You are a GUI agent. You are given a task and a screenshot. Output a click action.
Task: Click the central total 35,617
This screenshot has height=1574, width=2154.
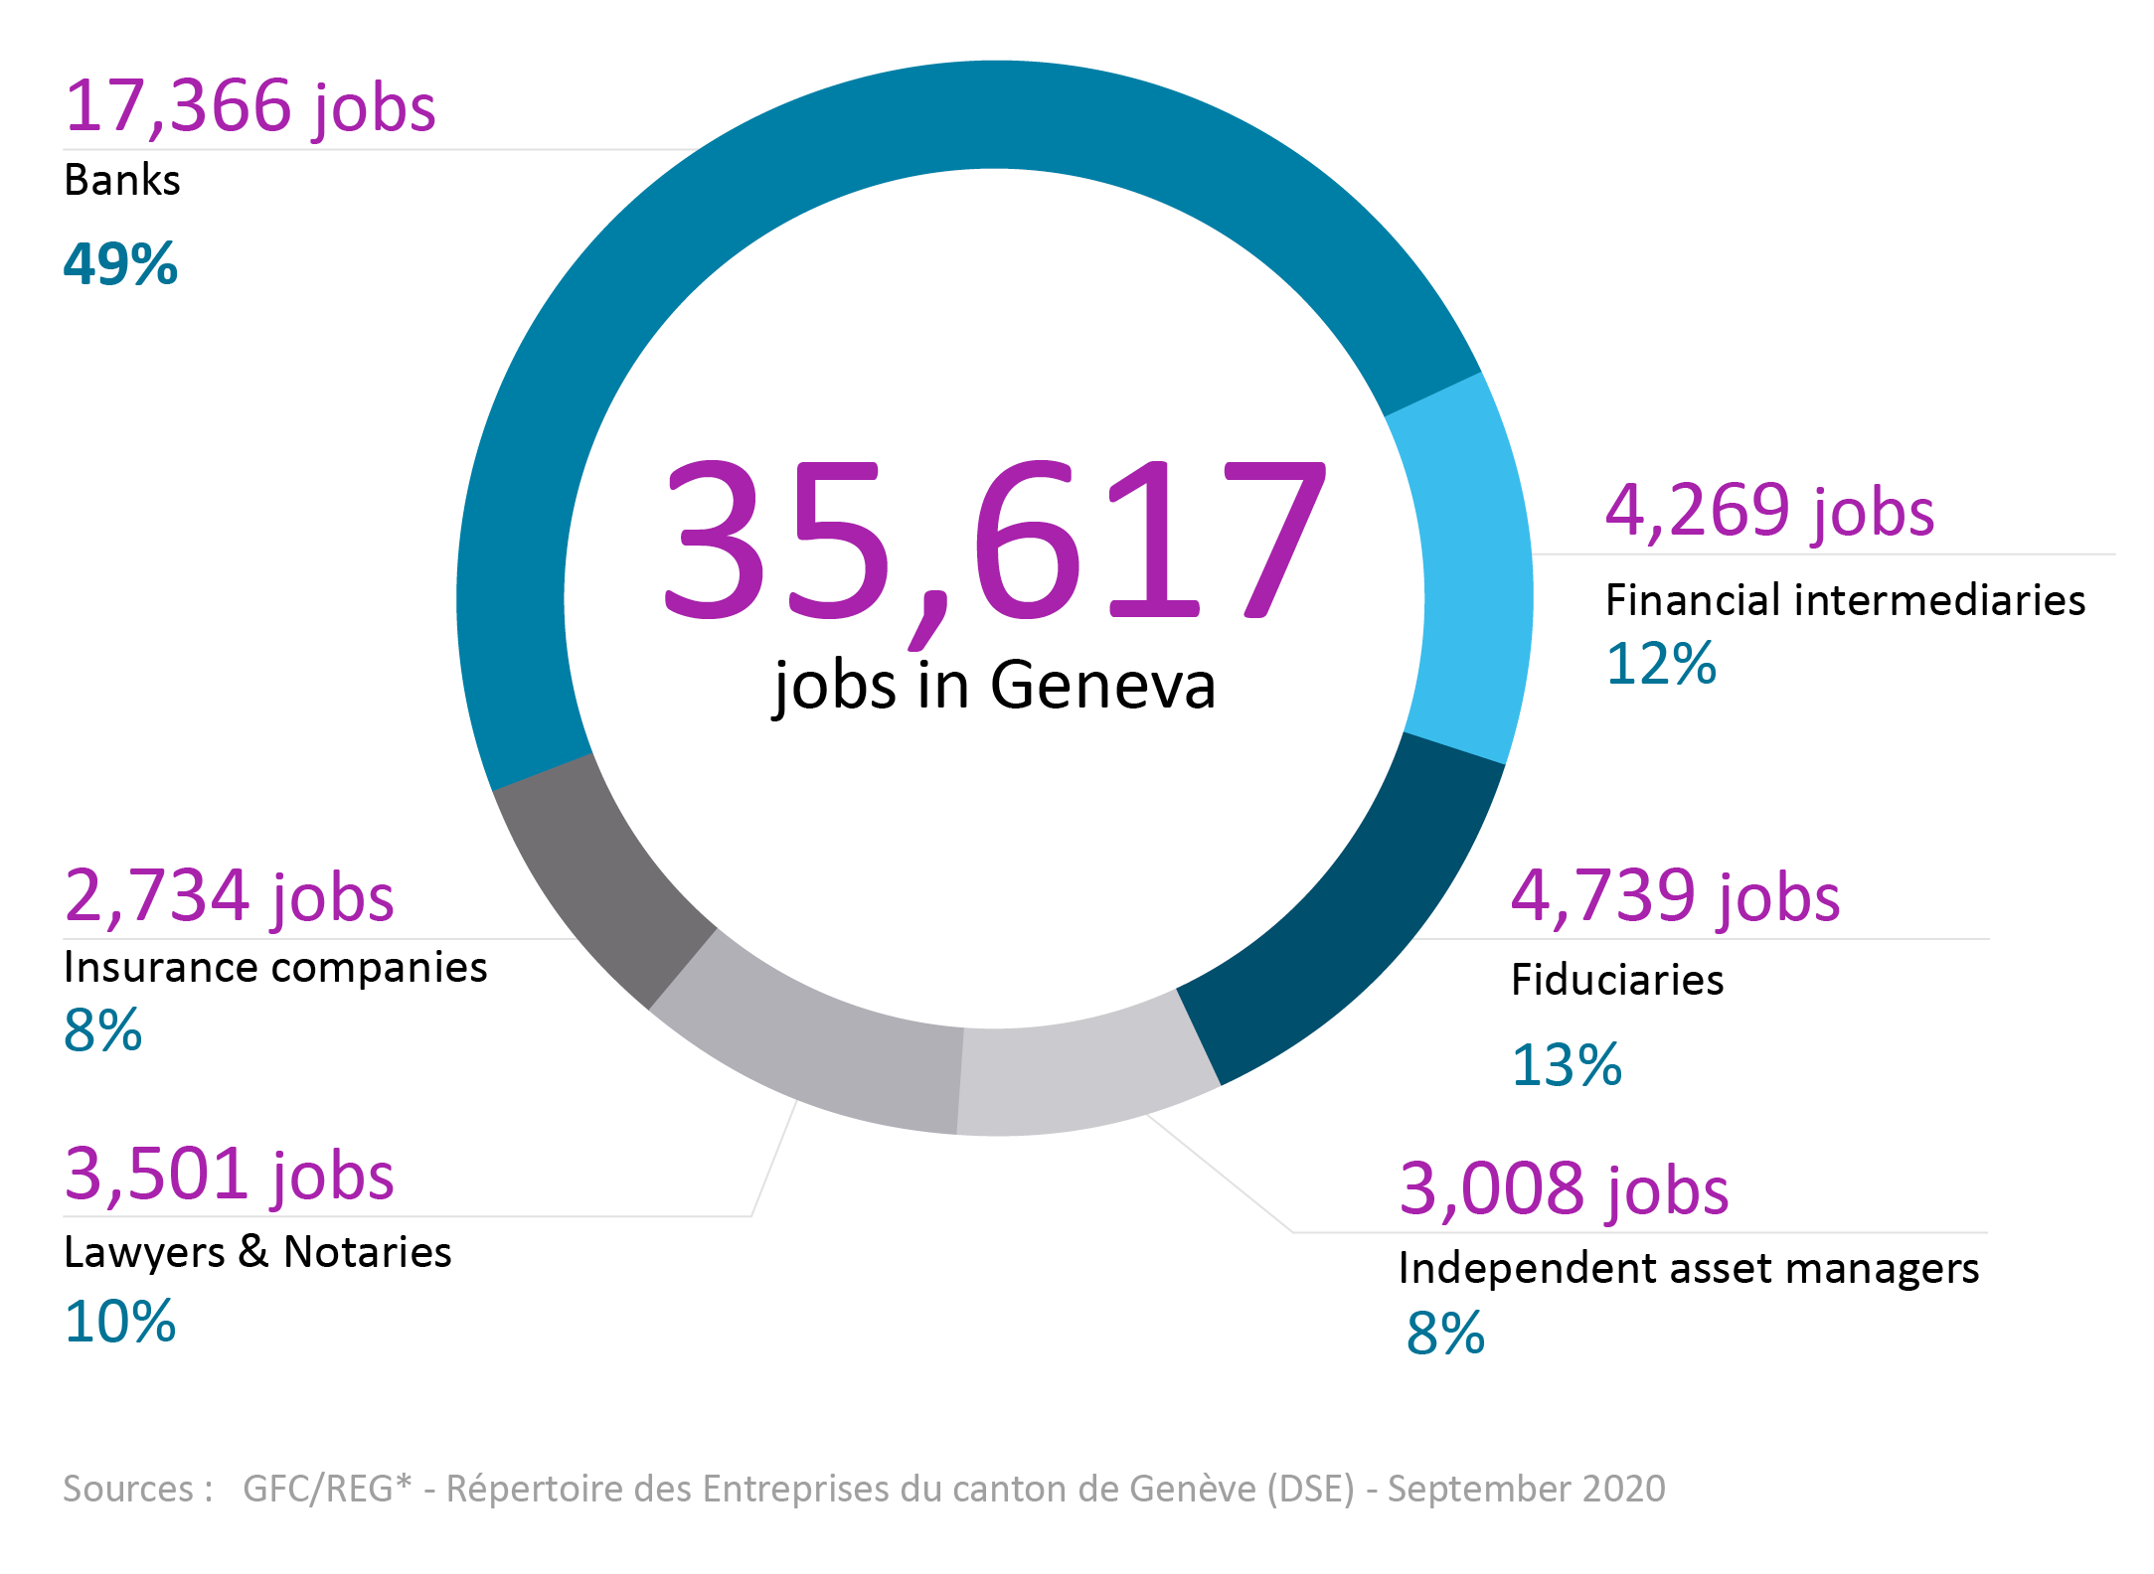point(994,542)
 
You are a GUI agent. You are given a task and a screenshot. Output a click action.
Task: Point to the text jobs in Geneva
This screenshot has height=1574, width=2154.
point(994,686)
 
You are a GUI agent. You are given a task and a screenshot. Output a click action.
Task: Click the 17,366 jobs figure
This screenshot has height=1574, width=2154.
point(249,106)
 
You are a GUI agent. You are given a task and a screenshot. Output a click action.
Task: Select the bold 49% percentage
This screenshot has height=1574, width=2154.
point(120,264)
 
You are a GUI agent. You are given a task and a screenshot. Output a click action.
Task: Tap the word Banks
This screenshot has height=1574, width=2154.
point(122,181)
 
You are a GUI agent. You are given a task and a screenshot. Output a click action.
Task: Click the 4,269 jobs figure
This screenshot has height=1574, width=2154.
point(1769,512)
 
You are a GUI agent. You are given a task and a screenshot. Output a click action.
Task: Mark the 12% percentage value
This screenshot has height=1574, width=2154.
point(1661,664)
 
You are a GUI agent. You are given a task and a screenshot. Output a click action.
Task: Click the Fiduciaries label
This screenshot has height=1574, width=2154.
point(1617,980)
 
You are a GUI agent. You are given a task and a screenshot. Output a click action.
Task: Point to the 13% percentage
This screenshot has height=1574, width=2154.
point(1567,1065)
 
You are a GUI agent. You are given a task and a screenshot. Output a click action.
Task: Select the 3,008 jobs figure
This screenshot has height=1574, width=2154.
point(1564,1189)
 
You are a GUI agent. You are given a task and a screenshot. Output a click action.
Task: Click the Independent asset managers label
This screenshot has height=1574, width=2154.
point(1688,1269)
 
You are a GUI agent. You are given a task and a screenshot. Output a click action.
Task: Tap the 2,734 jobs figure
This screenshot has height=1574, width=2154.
point(229,896)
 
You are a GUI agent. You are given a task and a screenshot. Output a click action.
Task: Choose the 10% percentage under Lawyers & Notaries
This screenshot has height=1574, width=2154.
point(120,1323)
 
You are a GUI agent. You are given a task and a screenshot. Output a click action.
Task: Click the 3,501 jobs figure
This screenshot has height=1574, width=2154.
point(229,1175)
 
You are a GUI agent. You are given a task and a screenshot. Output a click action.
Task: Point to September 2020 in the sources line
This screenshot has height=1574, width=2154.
point(1526,1489)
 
